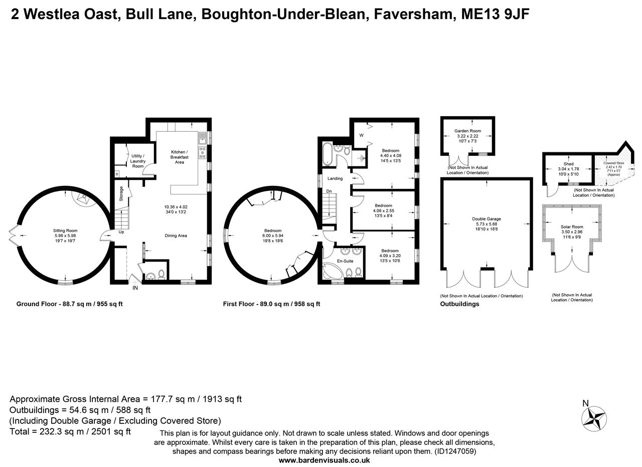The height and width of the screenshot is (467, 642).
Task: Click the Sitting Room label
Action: click(65, 230)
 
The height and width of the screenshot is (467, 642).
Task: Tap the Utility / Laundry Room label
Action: click(137, 161)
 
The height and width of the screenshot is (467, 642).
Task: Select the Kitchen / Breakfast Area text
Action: click(179, 157)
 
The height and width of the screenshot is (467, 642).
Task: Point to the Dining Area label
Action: click(176, 236)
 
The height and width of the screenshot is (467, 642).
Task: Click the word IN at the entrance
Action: click(135, 288)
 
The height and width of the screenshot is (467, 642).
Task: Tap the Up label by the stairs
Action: click(121, 232)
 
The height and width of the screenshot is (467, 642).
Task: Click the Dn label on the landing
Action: click(329, 191)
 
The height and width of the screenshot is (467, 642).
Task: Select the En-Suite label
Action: click(345, 261)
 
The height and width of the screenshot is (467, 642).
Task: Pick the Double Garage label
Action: click(486, 219)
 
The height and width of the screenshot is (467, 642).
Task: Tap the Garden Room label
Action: click(467, 131)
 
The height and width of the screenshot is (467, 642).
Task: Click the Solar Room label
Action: click(572, 227)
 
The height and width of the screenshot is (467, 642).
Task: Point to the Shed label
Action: click(568, 164)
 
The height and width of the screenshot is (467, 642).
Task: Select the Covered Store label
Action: click(613, 163)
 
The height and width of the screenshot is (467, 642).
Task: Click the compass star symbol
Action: click(594, 419)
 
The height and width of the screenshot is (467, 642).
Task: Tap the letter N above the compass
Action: click(585, 403)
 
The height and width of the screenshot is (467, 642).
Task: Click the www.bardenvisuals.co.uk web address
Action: click(324, 460)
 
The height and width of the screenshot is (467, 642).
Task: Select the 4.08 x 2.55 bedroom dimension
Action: click(383, 211)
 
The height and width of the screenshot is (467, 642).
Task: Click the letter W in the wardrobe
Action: click(361, 135)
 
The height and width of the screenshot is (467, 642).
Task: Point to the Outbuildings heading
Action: click(459, 304)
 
